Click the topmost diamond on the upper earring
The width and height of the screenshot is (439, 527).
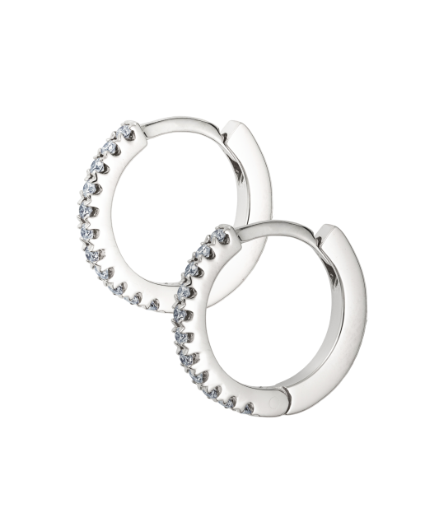pos(128,131)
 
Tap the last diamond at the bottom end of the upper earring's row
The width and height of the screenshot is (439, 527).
pos(153,305)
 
